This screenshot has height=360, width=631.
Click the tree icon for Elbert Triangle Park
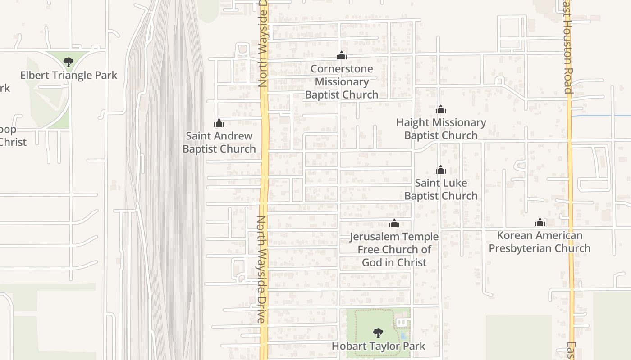[x=69, y=62]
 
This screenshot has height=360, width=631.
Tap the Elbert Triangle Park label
[x=69, y=75]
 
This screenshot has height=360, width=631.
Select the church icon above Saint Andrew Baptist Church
[x=219, y=123]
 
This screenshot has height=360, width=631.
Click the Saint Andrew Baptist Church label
[x=219, y=142]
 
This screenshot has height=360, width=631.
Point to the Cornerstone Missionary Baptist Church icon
[x=342, y=55]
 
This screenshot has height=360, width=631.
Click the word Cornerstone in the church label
[x=342, y=69]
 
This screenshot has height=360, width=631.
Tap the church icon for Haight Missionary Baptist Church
[x=441, y=109]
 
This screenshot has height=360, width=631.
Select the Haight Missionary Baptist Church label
[x=441, y=129]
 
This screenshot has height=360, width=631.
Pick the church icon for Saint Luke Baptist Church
[x=441, y=170]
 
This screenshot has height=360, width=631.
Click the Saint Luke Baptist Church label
[x=441, y=189]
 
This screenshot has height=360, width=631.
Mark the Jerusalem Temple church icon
[x=394, y=223]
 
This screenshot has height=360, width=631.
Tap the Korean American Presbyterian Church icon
[x=540, y=222]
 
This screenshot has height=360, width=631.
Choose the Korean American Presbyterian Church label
[x=540, y=242]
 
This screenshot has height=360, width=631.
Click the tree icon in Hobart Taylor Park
[x=378, y=333]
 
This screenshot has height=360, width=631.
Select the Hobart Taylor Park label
[x=378, y=346]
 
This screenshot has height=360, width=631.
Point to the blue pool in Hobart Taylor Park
[x=403, y=336]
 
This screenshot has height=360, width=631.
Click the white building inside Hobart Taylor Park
[x=401, y=322]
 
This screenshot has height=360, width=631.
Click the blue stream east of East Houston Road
[x=599, y=116]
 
